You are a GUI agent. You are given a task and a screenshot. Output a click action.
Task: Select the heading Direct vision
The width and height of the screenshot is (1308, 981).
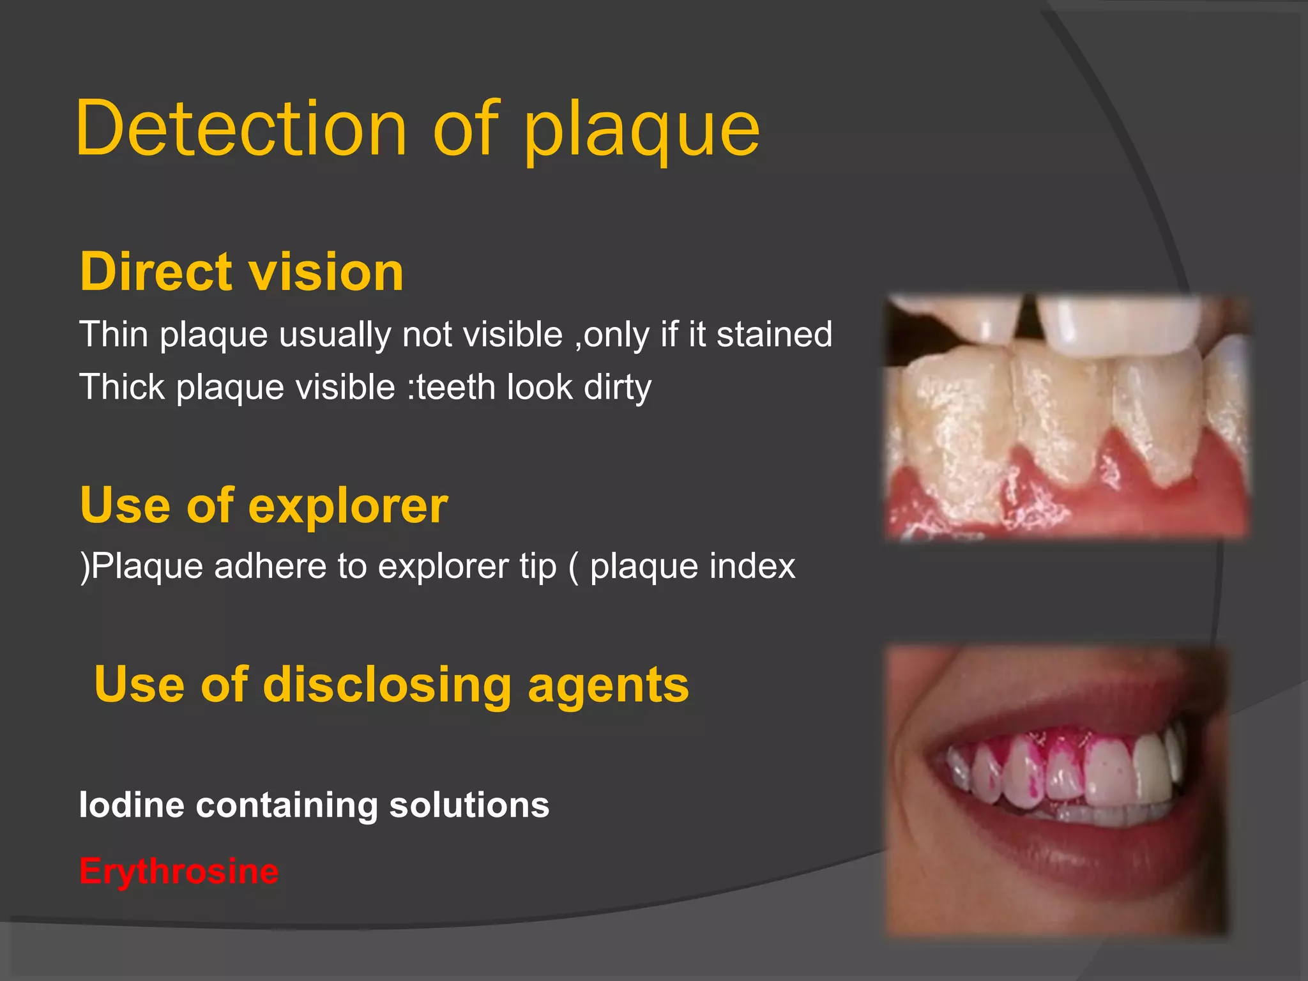[x=241, y=271]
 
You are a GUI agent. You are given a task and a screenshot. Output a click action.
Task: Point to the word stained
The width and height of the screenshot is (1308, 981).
[x=774, y=334]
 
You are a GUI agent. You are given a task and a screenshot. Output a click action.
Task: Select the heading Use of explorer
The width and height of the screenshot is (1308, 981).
[x=264, y=505]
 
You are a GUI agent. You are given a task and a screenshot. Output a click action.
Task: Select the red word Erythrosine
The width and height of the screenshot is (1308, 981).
[x=179, y=871]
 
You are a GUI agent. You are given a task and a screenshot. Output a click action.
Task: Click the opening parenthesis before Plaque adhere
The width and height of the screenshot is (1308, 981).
[x=85, y=566]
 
